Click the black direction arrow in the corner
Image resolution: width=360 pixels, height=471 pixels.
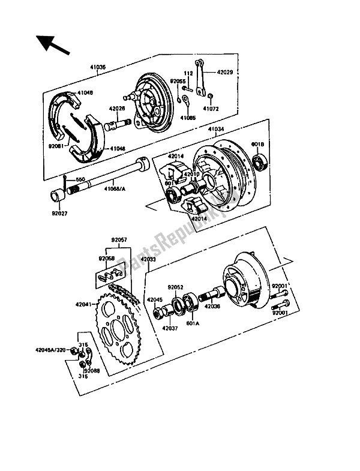click(51, 44)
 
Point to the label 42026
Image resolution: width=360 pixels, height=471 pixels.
click(117, 109)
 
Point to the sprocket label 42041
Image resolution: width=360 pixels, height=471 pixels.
click(85, 304)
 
